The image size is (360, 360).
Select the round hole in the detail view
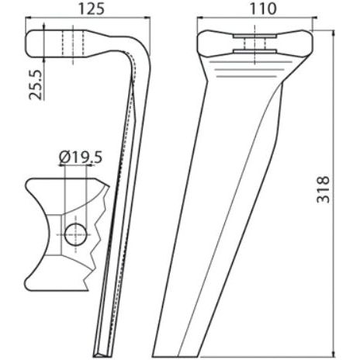coord(75,234)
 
